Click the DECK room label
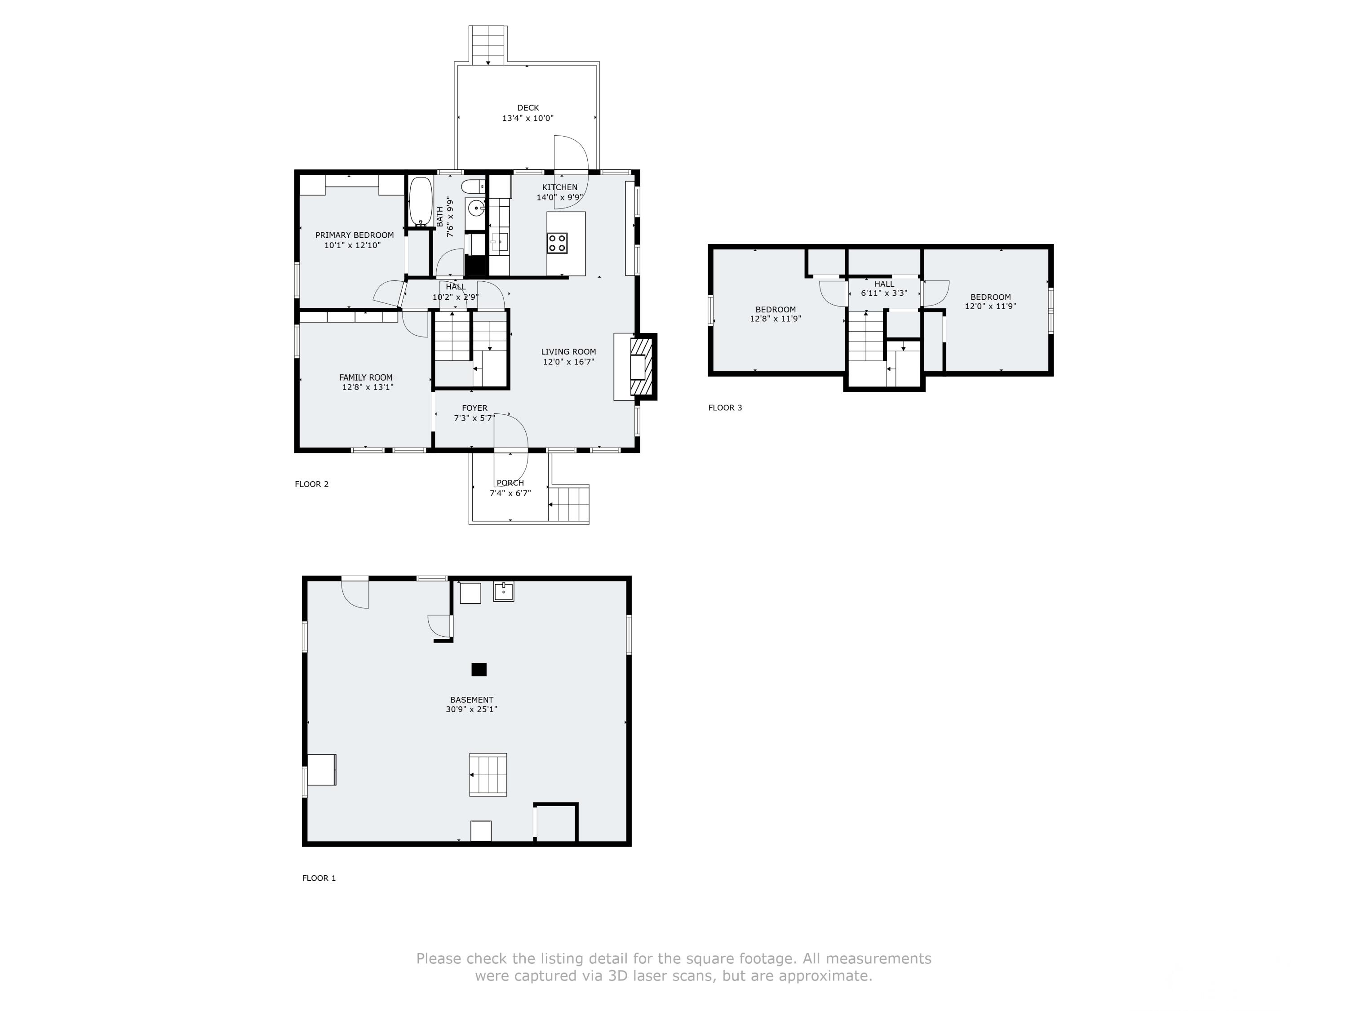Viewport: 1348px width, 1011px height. point(528,108)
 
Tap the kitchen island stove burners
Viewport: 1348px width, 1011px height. point(557,243)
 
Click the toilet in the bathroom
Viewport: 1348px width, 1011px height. point(472,186)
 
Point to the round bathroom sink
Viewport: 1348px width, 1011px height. point(475,209)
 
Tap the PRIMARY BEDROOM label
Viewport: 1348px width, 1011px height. point(354,235)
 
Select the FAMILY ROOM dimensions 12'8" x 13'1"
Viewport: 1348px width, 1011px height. point(368,387)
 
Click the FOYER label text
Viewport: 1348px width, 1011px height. point(474,408)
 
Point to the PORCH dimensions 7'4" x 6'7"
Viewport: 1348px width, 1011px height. point(510,493)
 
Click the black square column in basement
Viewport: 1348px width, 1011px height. point(479,669)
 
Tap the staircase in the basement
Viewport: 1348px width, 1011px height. point(488,775)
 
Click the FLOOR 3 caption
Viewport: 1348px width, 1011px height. point(725,408)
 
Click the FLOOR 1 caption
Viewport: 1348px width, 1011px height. point(319,878)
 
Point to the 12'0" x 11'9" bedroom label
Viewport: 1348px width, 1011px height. point(990,306)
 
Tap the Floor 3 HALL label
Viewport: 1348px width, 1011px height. point(884,284)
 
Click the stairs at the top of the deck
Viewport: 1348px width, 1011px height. point(488,44)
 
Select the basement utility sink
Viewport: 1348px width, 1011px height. point(503,591)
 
